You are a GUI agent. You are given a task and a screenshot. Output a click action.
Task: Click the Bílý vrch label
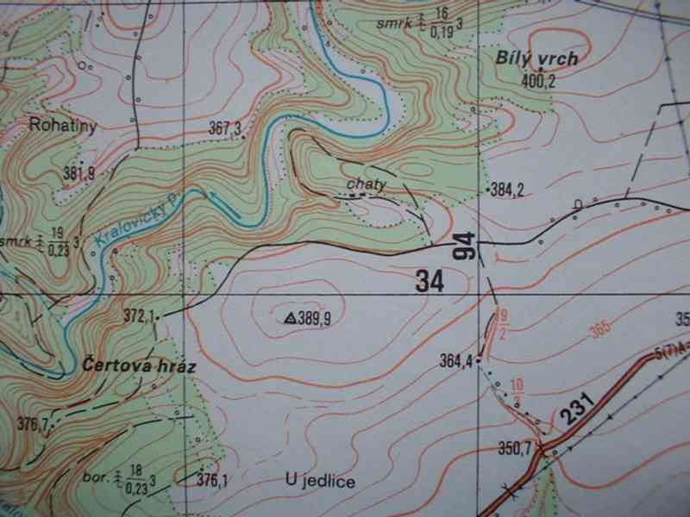point(536,59)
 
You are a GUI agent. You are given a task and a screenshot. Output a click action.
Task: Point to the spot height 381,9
point(78,173)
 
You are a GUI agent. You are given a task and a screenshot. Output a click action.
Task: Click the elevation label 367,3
point(224,128)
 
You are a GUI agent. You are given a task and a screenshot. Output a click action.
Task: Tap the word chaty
point(364,184)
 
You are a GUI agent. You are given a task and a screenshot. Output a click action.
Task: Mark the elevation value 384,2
point(507,190)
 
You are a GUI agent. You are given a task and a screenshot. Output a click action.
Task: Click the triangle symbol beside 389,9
point(290,318)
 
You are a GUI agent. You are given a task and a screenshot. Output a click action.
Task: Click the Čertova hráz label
point(141,366)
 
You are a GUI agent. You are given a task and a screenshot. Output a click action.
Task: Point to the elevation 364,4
point(456,360)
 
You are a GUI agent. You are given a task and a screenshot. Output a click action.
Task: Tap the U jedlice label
point(319,481)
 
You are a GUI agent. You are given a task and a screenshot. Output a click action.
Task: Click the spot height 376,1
point(213,481)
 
